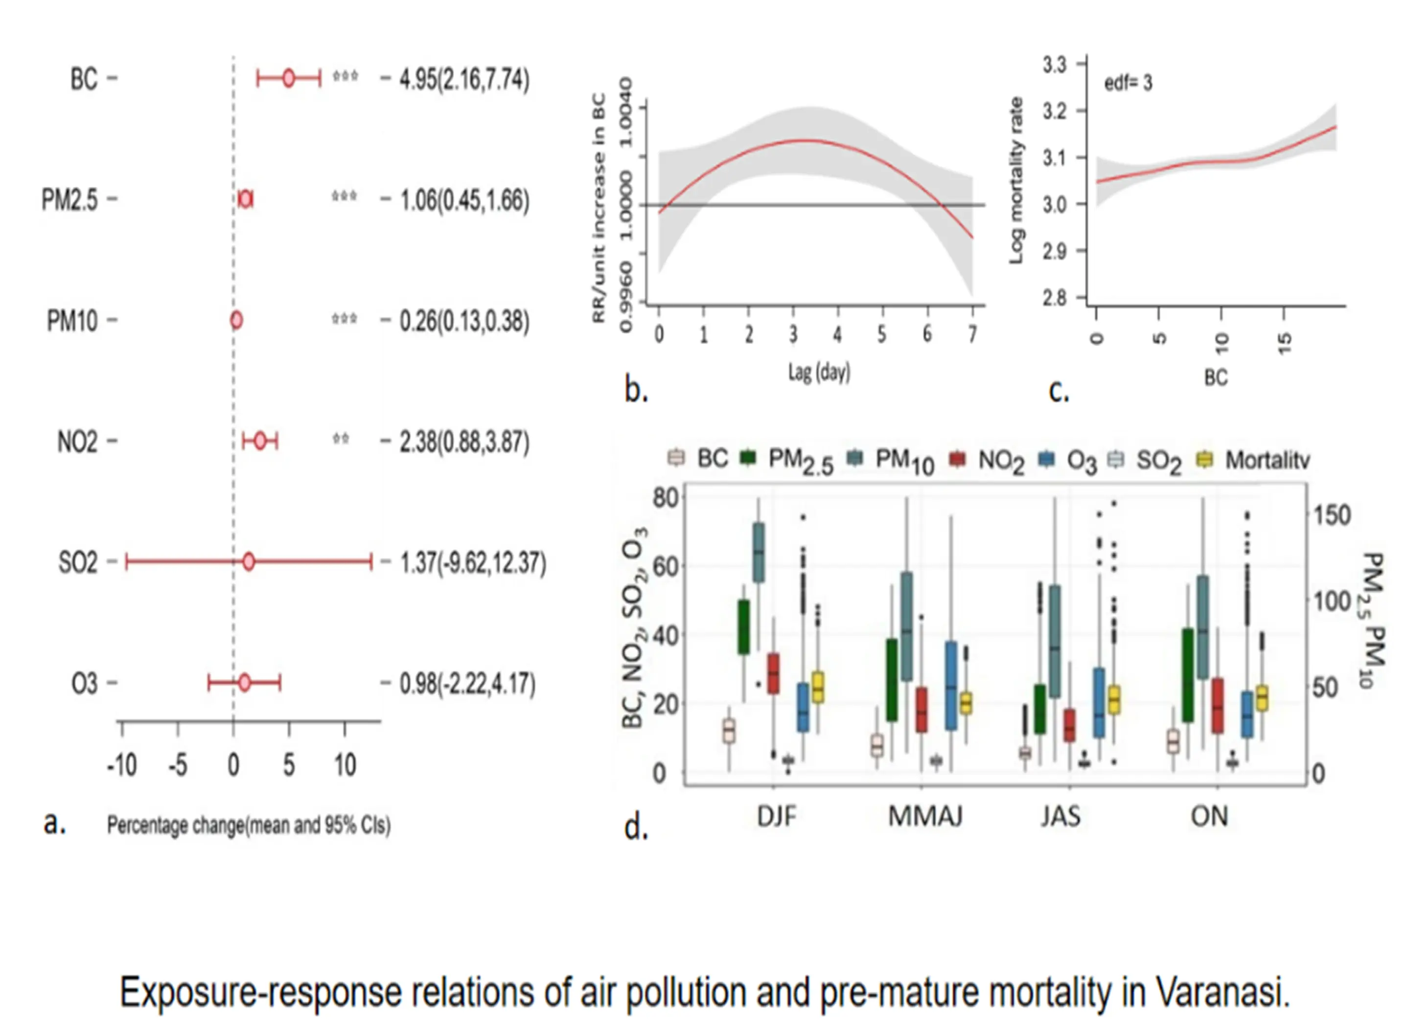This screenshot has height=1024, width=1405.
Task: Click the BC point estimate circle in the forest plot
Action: point(288,78)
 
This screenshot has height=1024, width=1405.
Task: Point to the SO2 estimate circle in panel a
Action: point(248,562)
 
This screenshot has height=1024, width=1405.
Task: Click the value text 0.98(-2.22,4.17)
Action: point(466,684)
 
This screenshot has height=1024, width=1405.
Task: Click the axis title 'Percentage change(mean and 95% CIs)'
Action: point(249,825)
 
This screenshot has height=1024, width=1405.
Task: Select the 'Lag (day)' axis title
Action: point(819,372)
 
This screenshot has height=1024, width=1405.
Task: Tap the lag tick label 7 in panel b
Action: point(972,334)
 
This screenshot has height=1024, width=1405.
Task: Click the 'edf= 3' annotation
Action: point(1128,83)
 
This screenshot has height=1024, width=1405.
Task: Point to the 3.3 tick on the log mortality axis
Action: point(1055,65)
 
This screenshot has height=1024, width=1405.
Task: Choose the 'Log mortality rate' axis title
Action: point(1015,180)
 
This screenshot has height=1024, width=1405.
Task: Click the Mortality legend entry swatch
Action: point(1204,459)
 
